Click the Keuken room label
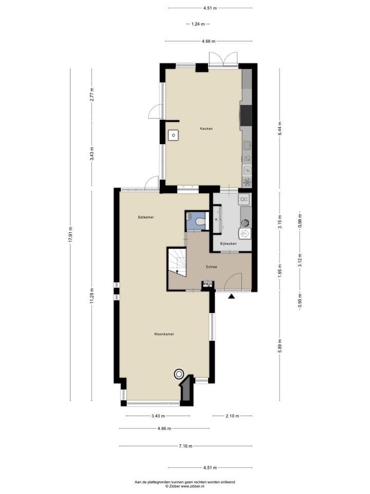[206, 129]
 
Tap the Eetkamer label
[146, 217]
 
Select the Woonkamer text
[164, 334]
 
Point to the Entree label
[211, 267]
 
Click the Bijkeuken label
[228, 243]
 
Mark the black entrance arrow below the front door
[232, 296]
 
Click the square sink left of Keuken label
[174, 135]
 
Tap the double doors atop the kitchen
[224, 60]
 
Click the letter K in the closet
[216, 220]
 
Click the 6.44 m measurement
[280, 128]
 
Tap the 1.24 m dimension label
[198, 24]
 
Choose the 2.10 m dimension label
[232, 416]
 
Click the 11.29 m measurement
[92, 295]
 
